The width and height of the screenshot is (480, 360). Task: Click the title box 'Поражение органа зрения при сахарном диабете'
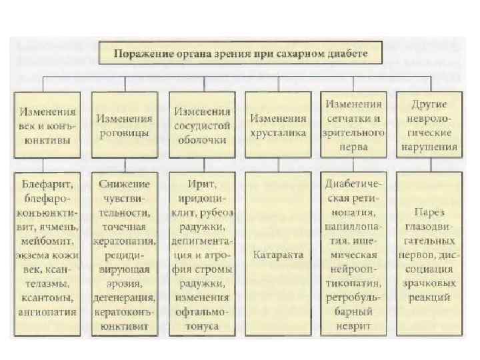tap(241, 53)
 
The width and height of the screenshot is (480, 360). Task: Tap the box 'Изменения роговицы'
tap(125, 124)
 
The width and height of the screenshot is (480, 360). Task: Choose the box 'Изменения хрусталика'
tap(278, 124)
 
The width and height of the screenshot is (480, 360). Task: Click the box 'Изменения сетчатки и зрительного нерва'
tap(354, 124)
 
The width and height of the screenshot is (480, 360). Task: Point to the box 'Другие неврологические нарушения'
tap(430, 124)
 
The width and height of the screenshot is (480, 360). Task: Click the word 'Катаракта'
tap(278, 255)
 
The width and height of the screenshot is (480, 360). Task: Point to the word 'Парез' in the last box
tap(430, 213)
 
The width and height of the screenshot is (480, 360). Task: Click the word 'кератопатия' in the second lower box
tap(125, 241)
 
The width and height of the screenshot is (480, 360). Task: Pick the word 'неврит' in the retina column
tap(354, 326)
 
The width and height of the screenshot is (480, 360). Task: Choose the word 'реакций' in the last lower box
tap(430, 297)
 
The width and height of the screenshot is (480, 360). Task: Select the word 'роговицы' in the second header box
tap(125, 133)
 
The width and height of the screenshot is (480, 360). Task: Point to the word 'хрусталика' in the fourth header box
tap(278, 133)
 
